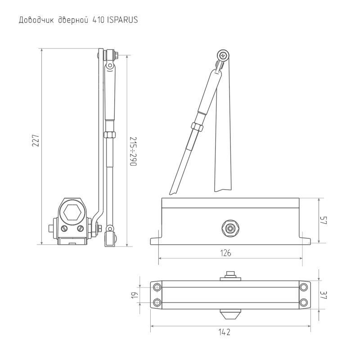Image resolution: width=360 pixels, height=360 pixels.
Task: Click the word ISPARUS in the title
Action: tap(123, 20)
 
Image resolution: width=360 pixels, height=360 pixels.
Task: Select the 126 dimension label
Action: tap(226, 253)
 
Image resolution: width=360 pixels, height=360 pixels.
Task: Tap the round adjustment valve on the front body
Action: tap(231, 229)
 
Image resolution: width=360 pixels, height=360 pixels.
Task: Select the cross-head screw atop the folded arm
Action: tap(223, 55)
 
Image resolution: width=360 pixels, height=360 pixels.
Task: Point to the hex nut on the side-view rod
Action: tap(108, 134)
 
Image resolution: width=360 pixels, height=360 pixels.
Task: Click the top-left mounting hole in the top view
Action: tap(157, 287)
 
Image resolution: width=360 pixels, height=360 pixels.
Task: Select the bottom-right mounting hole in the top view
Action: tap(304, 302)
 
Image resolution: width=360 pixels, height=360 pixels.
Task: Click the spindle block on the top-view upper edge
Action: tap(230, 275)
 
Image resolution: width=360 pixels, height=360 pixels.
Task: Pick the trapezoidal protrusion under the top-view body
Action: tap(230, 312)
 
